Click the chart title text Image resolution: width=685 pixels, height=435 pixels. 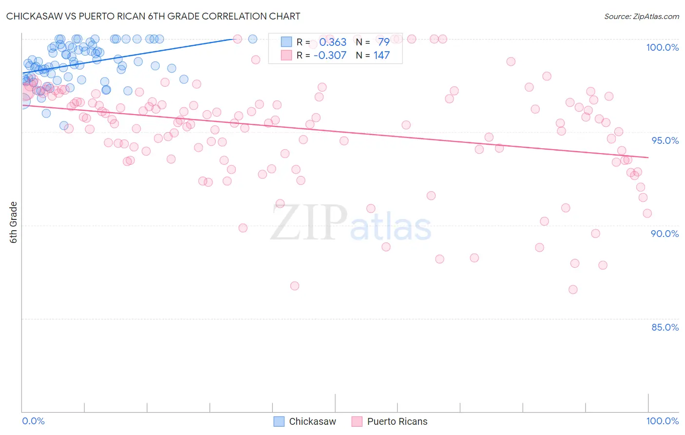tap(153, 16)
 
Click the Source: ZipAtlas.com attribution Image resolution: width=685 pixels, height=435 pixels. tap(641, 16)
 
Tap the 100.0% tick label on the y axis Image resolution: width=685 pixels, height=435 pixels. tap(662, 47)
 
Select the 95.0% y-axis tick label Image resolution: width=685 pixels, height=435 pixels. tap(665, 140)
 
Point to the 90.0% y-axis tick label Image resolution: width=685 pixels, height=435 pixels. tap(665, 234)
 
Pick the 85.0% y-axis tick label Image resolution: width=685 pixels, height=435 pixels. tap(665, 327)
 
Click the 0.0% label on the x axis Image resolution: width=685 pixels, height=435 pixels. tap(33, 421)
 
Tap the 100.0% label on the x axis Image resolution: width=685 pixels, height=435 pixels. tap(662, 421)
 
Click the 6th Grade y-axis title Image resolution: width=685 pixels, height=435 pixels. tap(14, 222)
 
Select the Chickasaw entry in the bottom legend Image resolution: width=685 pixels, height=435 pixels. tap(312, 421)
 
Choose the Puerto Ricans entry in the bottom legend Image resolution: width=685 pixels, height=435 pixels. tap(397, 421)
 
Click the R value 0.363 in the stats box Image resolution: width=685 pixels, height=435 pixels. tap(333, 42)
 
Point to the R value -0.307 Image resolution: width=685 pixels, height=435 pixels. tap(330, 55)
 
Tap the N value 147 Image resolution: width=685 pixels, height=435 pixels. tap(381, 55)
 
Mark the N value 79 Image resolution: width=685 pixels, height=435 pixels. tap(383, 42)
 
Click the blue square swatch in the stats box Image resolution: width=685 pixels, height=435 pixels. tap(286, 42)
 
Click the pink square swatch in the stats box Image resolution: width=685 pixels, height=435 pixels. tap(286, 55)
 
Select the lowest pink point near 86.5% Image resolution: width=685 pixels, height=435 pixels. tap(573, 290)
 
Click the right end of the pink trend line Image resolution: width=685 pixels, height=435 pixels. tap(648, 157)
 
